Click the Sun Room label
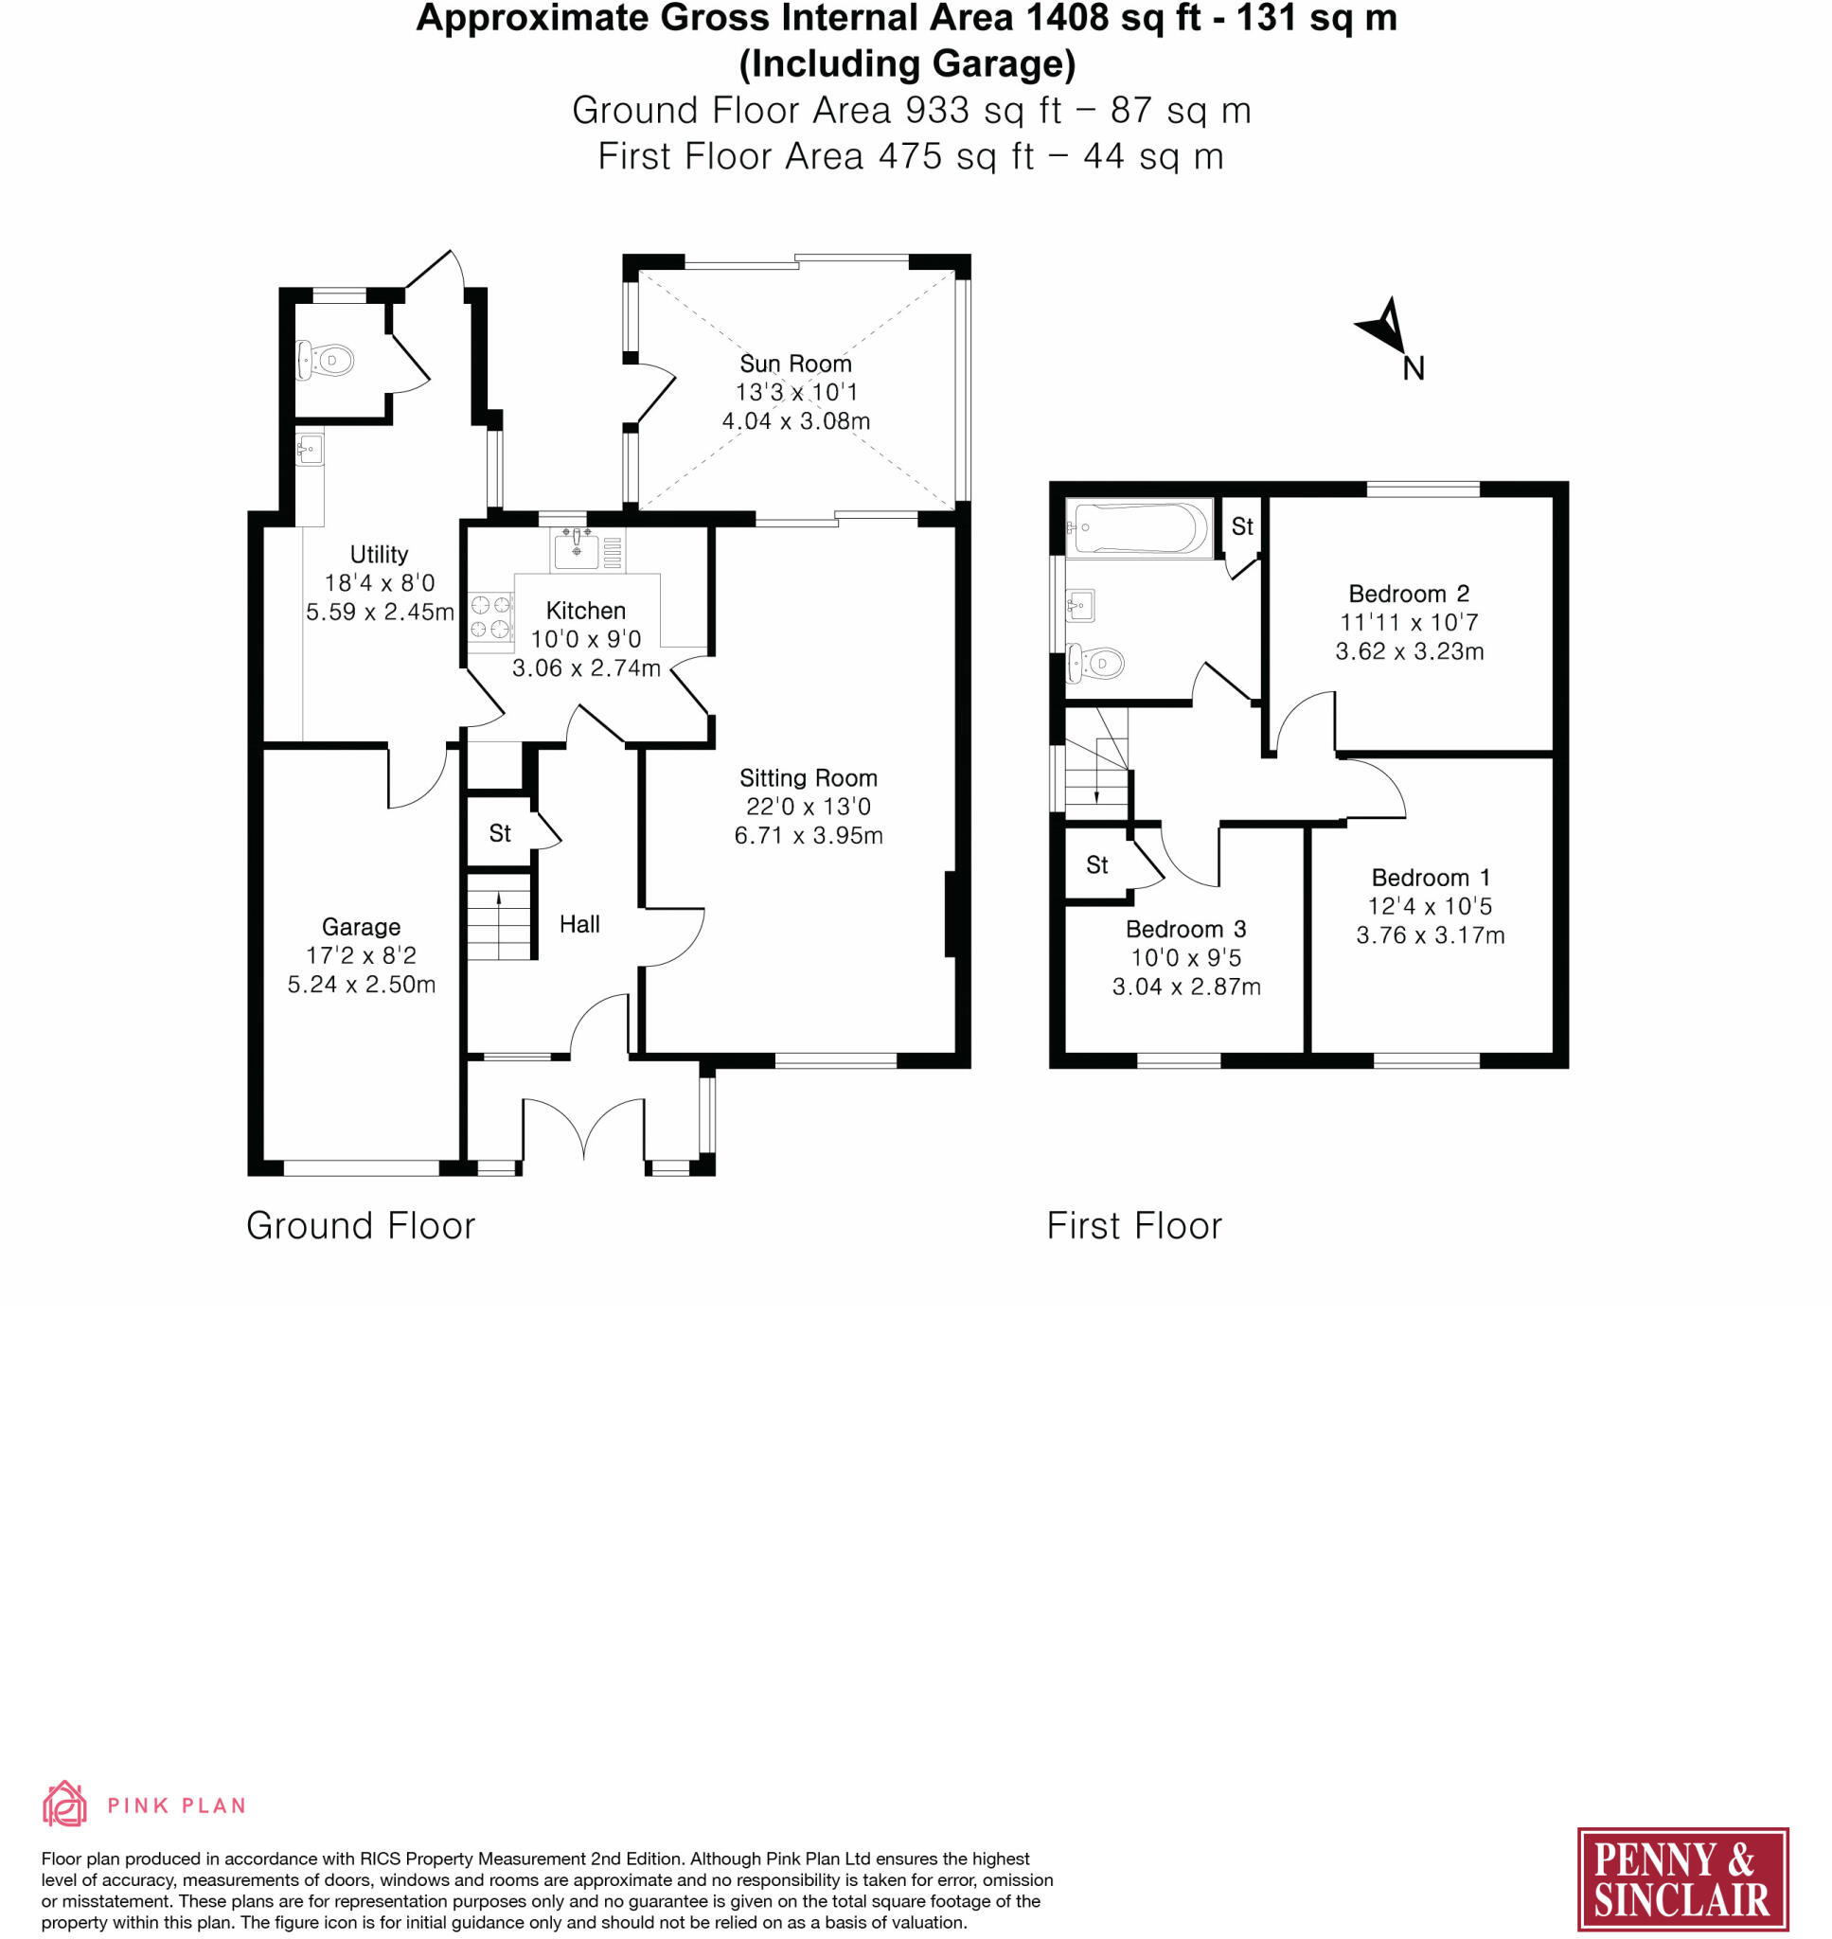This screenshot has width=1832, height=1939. (x=795, y=364)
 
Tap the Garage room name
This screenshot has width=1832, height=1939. (x=362, y=927)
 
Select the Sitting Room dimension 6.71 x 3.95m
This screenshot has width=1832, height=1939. (x=809, y=835)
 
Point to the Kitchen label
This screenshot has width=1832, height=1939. (x=586, y=611)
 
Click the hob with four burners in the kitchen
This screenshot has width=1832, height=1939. (x=491, y=617)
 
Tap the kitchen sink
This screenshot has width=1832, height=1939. (x=578, y=549)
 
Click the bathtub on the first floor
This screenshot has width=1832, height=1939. (x=1139, y=528)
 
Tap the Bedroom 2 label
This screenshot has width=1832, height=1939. (x=1408, y=594)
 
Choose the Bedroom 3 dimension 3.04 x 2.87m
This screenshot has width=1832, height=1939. (x=1186, y=987)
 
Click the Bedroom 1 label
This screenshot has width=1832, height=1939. (x=1431, y=878)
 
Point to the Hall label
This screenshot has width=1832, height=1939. (x=579, y=924)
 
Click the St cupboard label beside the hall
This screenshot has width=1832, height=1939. (x=500, y=833)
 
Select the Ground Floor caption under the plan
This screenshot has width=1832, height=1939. (x=361, y=1225)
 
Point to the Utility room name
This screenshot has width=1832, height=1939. (x=379, y=555)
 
